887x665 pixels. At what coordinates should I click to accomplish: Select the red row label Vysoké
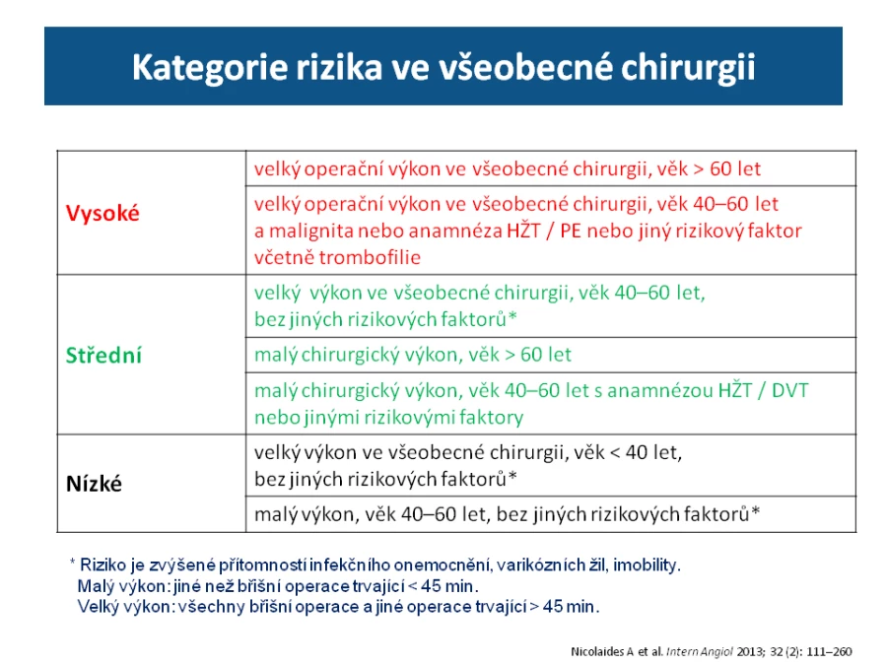(102, 213)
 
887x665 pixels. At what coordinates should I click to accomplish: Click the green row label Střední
(103, 355)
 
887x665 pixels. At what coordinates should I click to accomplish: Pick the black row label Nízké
(94, 484)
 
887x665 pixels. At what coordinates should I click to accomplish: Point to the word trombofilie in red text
(370, 258)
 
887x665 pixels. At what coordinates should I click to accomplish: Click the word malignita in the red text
(311, 231)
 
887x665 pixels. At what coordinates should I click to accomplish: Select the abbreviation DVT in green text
(790, 390)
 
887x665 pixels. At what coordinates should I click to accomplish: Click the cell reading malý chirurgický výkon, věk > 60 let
(412, 355)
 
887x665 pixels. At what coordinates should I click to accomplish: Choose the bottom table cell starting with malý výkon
(507, 514)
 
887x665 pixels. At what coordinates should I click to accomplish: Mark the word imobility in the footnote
(647, 565)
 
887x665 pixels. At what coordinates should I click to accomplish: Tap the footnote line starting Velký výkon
(338, 607)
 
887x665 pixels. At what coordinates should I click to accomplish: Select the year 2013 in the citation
(751, 652)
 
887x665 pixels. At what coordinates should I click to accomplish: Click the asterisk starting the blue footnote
(72, 563)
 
